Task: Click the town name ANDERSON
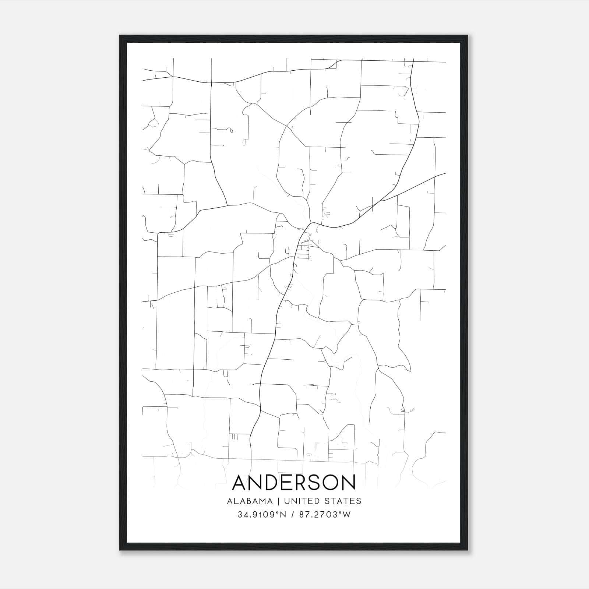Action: pyautogui.click(x=294, y=483)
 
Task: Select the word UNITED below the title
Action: pyautogui.click(x=301, y=501)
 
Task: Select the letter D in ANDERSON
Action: pyautogui.click(x=271, y=483)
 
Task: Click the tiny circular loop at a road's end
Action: pyautogui.click(x=231, y=130)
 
